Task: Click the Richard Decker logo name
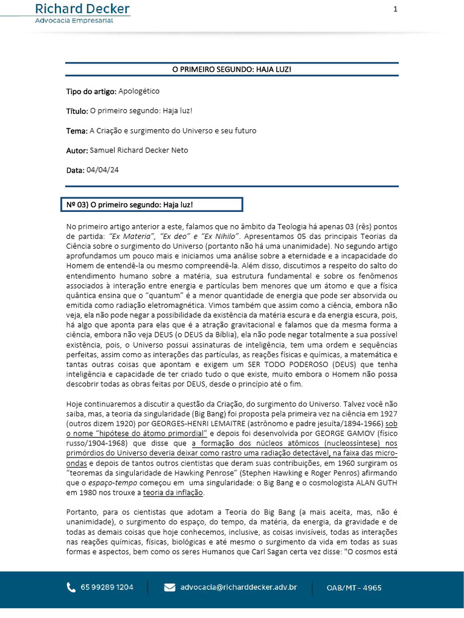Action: click(x=82, y=8)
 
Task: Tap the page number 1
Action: click(x=395, y=8)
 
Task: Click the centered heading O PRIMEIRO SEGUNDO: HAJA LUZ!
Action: click(x=232, y=69)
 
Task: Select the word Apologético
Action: click(x=139, y=91)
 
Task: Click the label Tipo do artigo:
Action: click(x=91, y=91)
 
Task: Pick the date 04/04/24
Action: click(x=103, y=170)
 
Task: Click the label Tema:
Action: click(x=77, y=130)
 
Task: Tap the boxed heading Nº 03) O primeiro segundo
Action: click(x=130, y=205)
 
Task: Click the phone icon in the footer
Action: click(x=71, y=587)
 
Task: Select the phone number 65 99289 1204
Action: click(x=107, y=587)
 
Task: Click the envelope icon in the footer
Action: click(x=170, y=587)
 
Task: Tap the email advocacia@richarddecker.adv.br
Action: click(x=239, y=587)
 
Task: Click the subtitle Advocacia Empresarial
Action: click(x=74, y=20)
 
